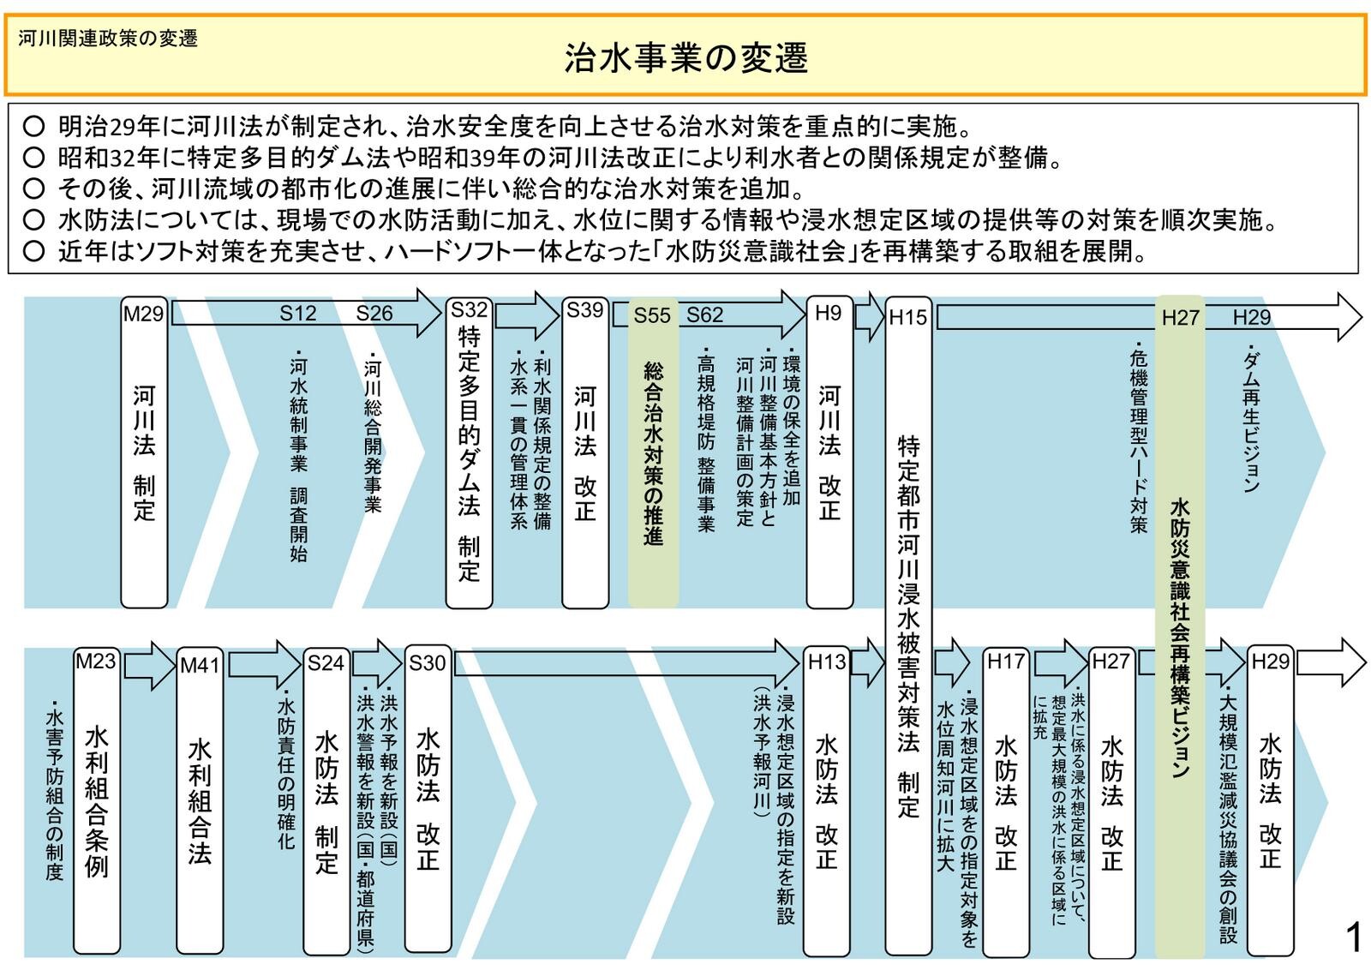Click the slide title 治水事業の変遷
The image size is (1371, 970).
coord(685,58)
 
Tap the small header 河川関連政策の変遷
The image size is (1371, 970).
coord(108,39)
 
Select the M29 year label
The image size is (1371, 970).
coord(143,314)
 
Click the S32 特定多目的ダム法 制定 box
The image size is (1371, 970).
coord(469,454)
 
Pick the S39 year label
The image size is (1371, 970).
coord(584,310)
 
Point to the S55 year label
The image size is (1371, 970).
coord(651,315)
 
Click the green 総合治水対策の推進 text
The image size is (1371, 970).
coord(653,454)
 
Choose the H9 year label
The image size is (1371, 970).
coord(828,313)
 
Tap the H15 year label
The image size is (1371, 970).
coord(907,317)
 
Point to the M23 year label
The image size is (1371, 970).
coord(95,661)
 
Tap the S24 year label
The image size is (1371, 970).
coord(326,662)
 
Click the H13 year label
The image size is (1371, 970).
coord(827,662)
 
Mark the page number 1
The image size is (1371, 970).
coord(1353,937)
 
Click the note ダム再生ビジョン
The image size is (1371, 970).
coord(1251,420)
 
